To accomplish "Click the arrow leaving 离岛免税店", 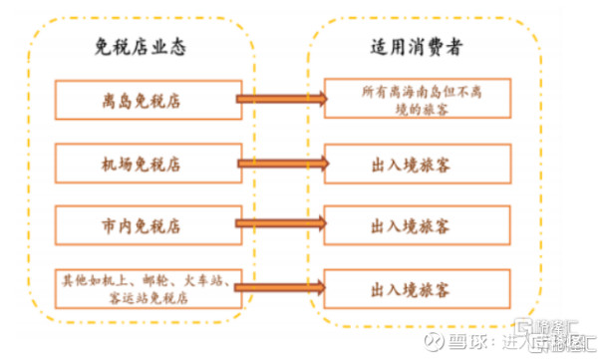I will coord(280,99).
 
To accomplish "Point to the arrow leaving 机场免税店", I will coord(280,163).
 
